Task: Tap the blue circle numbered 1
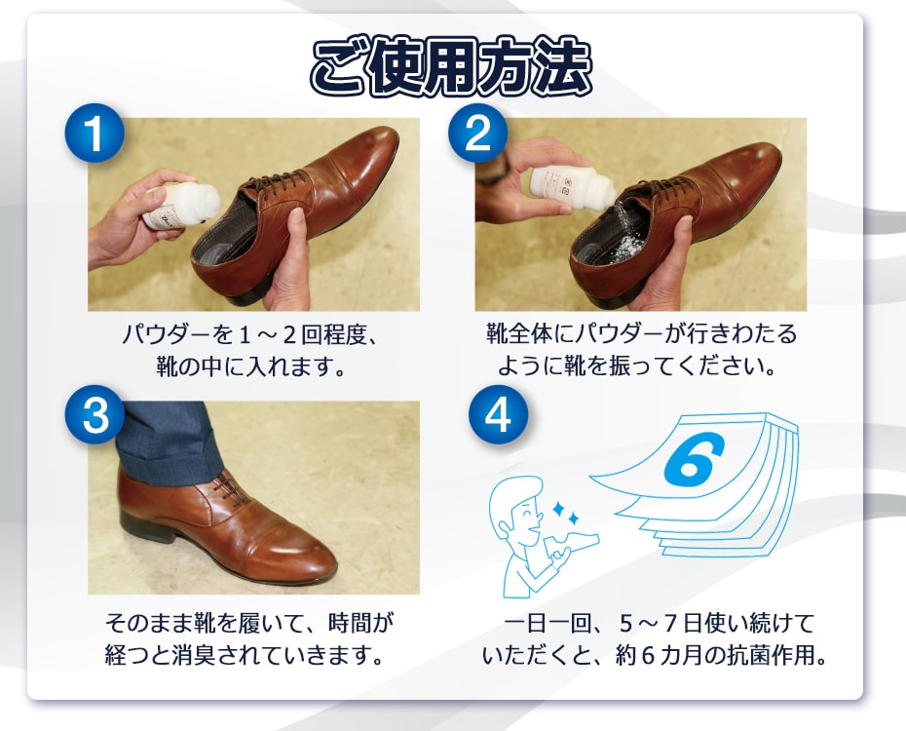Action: (94, 133)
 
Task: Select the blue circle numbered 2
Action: (478, 133)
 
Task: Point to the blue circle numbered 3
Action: (94, 415)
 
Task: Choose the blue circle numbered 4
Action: (498, 415)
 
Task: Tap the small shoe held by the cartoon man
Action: (572, 544)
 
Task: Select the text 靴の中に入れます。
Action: (250, 366)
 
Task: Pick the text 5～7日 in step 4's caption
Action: (659, 624)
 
